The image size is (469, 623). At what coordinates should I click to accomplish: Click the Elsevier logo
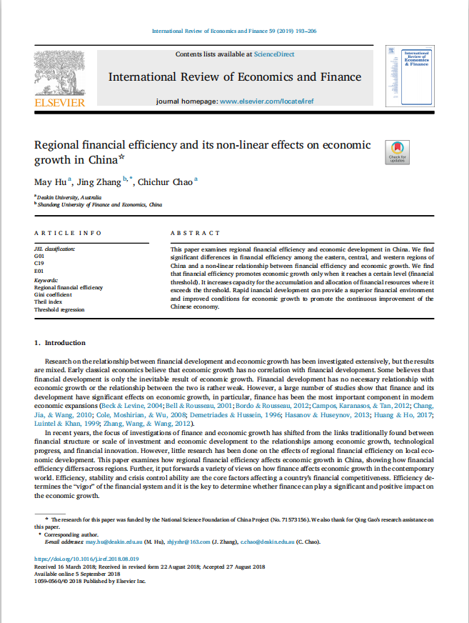coord(59,79)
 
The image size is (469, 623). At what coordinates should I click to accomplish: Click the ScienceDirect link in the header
coord(274,54)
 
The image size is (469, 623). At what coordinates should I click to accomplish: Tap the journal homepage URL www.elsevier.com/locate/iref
coord(266,101)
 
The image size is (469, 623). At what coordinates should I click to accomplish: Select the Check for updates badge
coord(397,151)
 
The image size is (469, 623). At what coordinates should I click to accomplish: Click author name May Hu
coord(50,181)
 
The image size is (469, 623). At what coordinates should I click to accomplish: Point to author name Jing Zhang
coord(100,181)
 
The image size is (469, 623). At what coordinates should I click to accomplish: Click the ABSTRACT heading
coord(195,233)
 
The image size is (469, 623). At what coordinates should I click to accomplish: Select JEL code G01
coord(39,255)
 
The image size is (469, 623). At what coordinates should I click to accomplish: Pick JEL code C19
coord(39,263)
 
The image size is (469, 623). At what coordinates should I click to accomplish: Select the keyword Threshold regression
coord(59,310)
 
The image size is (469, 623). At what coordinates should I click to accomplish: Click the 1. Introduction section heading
coord(60,343)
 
